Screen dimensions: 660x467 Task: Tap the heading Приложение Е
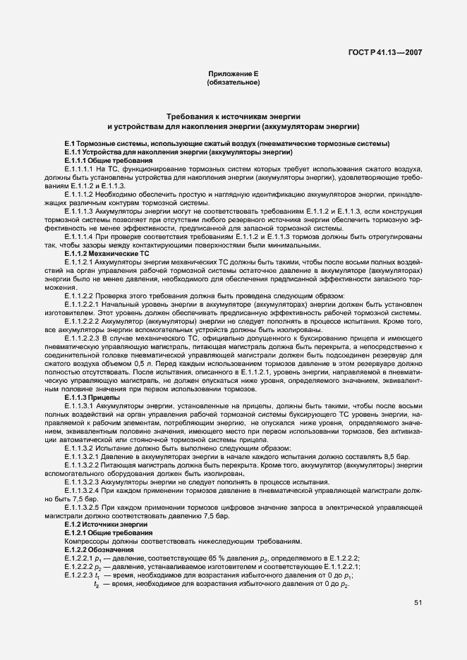(x=233, y=74)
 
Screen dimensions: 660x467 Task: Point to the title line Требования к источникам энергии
(x=233, y=116)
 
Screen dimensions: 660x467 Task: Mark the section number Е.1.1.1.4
(x=81, y=236)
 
